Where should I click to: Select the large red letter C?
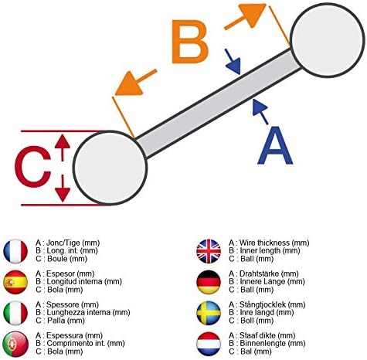coord(32,167)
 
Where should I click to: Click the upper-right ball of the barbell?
coord(328,40)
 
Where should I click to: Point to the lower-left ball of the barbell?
coord(110,168)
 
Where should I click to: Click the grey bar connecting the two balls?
coord(218,104)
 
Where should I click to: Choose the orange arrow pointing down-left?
coord(136,83)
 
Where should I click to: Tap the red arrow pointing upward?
coord(63,148)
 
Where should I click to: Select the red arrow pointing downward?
coord(63,188)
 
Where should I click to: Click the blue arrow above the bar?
coord(233,62)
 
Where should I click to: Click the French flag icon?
coord(15,251)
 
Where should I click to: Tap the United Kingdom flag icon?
coord(209,251)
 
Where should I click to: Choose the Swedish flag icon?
coord(209,313)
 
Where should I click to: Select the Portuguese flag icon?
coord(15,344)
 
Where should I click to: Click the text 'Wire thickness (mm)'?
coord(274,243)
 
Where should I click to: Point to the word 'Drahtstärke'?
coord(259,273)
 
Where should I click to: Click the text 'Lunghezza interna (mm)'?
coord(88,313)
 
